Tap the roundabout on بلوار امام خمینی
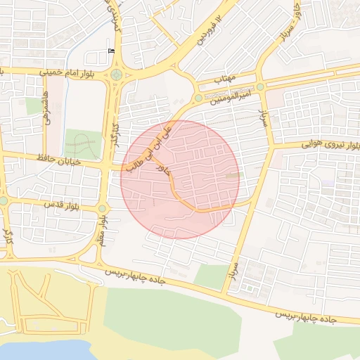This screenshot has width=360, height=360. [x=115, y=75]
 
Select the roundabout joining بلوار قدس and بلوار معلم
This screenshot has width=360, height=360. [x=103, y=208]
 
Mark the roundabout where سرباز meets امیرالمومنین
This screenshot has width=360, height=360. [x=261, y=86]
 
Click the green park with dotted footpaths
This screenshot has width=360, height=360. [x=82, y=144]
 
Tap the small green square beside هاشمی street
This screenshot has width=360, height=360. [x=34, y=106]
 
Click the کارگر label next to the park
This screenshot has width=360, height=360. [x=112, y=131]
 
